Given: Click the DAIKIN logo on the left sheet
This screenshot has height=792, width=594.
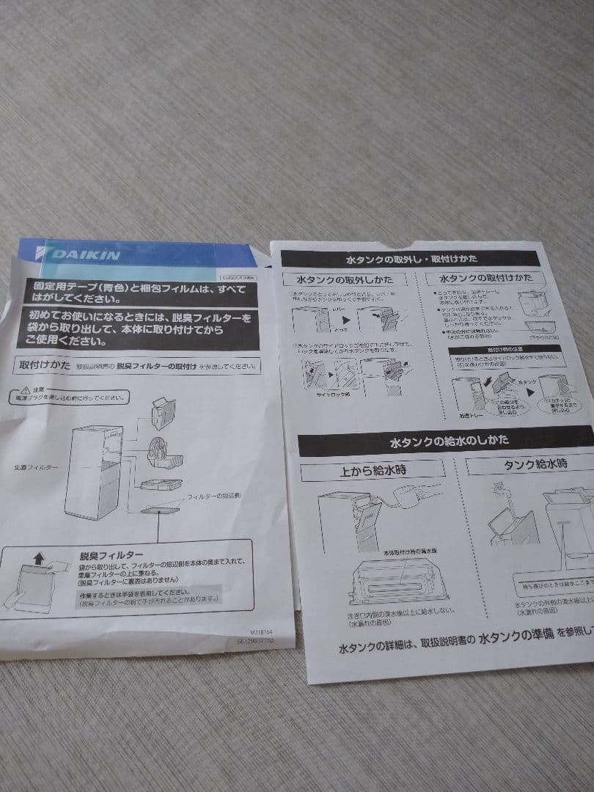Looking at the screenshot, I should pyautogui.click(x=87, y=254).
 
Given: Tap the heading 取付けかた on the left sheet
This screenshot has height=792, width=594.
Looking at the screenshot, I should pyautogui.click(x=42, y=365).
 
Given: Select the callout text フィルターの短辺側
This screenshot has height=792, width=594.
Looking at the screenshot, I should pyautogui.click(x=214, y=496).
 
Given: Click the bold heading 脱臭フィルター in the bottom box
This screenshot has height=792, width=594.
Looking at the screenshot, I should pyautogui.click(x=111, y=556).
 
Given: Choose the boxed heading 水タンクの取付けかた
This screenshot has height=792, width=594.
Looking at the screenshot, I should pyautogui.click(x=485, y=279).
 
